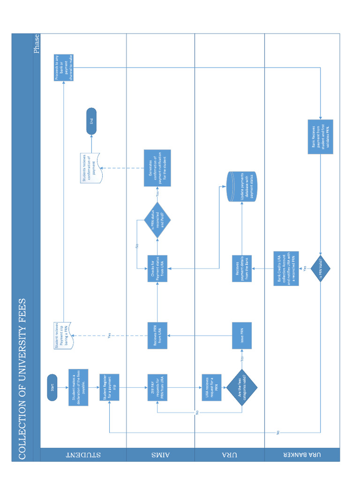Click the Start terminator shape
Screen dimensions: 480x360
pyautogui.click(x=52, y=387)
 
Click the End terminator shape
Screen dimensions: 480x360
pyautogui.click(x=91, y=121)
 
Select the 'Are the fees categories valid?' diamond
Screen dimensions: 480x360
pyautogui.click(x=242, y=387)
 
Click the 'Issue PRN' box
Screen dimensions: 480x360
pyautogui.click(x=242, y=336)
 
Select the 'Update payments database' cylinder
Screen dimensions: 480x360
pyautogui.click(x=242, y=187)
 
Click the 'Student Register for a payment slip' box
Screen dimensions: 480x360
pyautogui.click(x=109, y=387)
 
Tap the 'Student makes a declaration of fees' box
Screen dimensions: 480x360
pyautogui.click(x=78, y=387)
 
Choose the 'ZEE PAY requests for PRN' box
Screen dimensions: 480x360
pyautogui.click(x=157, y=387)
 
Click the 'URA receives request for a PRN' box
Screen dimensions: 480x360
pyautogui.click(x=211, y=387)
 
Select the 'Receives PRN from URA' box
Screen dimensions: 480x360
pyautogui.click(x=157, y=336)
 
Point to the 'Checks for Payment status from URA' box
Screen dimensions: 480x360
pyautogui.click(x=157, y=269)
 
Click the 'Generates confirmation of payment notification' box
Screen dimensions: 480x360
pyautogui.click(x=157, y=168)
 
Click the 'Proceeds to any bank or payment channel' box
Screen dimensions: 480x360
pyautogui.click(x=64, y=67)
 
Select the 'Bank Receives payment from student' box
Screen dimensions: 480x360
pyautogui.click(x=321, y=136)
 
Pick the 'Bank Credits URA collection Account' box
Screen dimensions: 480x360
pyautogui.click(x=286, y=269)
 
